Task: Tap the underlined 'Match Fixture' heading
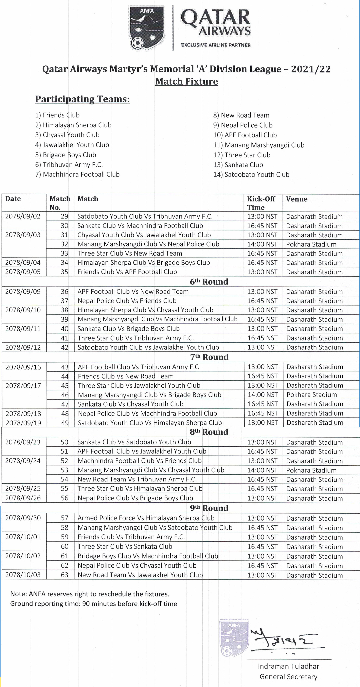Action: tap(186, 81)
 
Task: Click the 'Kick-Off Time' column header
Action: tap(261, 203)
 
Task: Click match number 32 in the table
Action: tap(64, 244)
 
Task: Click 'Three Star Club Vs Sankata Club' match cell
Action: tap(125, 546)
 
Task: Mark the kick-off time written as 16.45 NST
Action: tap(262, 489)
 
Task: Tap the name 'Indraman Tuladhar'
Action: tap(288, 666)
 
